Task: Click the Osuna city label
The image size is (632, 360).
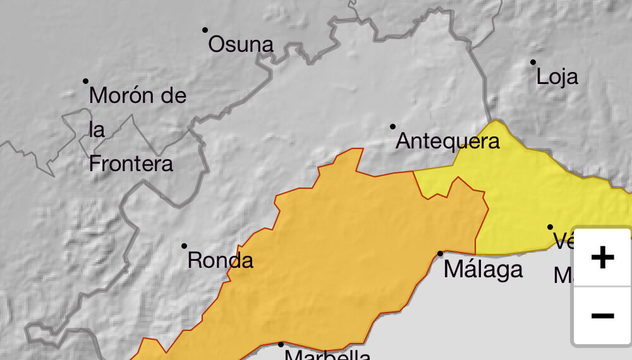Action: tap(241, 44)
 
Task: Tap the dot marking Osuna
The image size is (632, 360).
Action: tap(205, 30)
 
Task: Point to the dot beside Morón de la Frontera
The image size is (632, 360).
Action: tap(86, 81)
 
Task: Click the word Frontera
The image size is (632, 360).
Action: tap(131, 164)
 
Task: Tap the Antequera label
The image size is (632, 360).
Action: tap(447, 141)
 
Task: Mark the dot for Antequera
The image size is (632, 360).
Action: tap(392, 126)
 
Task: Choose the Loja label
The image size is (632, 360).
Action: tap(557, 77)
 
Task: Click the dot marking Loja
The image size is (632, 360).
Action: tap(533, 62)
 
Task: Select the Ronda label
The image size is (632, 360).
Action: tap(221, 260)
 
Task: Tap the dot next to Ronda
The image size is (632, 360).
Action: tap(185, 246)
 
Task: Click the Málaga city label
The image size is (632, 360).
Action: tap(483, 269)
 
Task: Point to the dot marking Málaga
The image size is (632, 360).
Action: tap(441, 253)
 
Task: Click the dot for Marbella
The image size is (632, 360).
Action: tap(281, 344)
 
